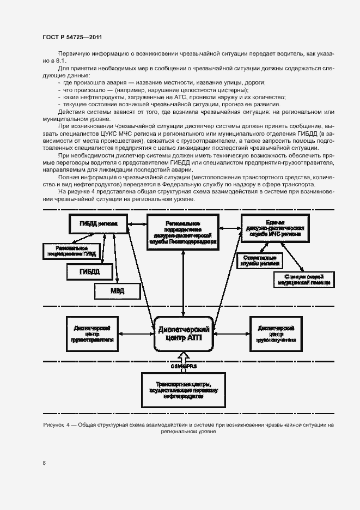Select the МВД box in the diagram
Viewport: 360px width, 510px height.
[x=118, y=291]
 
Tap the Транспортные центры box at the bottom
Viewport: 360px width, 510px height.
[x=182, y=388]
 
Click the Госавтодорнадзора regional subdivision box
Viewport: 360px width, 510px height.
[x=183, y=232]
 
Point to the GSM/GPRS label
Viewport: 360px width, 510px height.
[x=182, y=366]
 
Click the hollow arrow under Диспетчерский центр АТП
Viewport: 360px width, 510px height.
[x=184, y=357]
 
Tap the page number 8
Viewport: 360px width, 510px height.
[x=44, y=463]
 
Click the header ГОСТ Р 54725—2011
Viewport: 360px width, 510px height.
[x=72, y=37]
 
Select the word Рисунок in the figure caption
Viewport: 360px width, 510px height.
[x=53, y=424]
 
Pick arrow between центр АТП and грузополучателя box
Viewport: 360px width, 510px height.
[x=230, y=332]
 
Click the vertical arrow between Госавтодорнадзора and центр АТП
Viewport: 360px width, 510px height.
[x=184, y=284]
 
